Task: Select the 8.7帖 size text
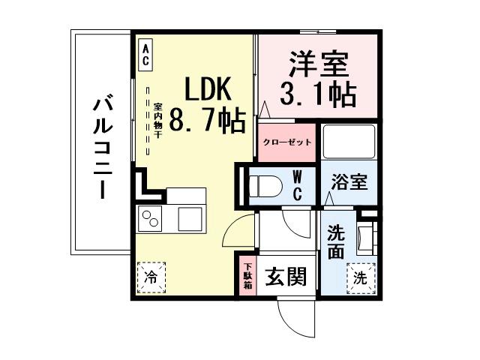coord(208,120)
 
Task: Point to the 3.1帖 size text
coord(318,94)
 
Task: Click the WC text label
coord(297,186)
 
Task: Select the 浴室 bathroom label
coord(349,183)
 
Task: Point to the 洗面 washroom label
coord(336,241)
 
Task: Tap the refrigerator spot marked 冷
coord(151,276)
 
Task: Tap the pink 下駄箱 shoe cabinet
coord(247,277)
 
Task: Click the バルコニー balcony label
coord(103,147)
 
